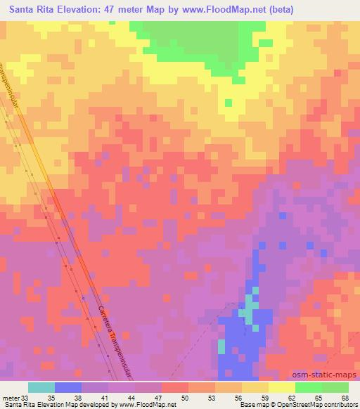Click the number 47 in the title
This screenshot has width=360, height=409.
[120, 9]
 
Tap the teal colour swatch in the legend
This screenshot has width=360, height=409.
[41, 387]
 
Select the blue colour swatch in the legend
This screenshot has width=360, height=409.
[67, 387]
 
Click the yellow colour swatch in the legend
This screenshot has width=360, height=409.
[281, 387]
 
